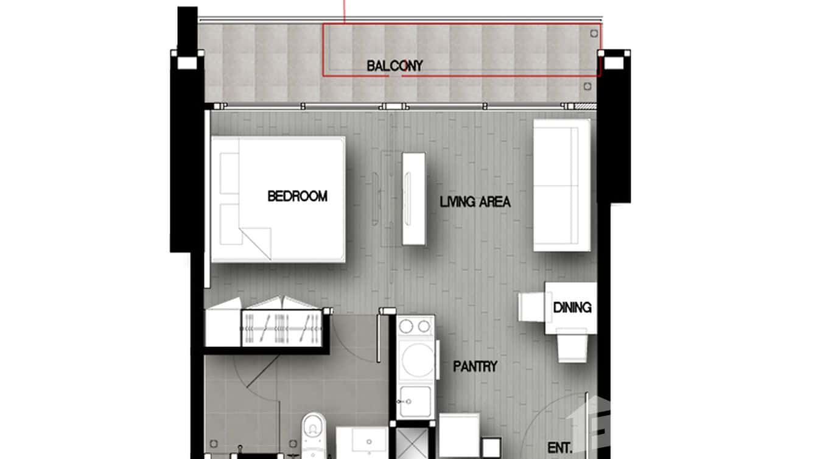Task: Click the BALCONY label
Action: pyautogui.click(x=394, y=66)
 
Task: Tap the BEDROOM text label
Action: pyautogui.click(x=297, y=197)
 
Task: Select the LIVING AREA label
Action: pyautogui.click(x=475, y=202)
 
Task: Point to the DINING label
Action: pyautogui.click(x=572, y=307)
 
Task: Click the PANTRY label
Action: pyautogui.click(x=475, y=366)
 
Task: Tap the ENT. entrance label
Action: pyautogui.click(x=559, y=448)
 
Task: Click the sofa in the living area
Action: pyautogui.click(x=562, y=185)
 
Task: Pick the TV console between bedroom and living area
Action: pyautogui.click(x=413, y=198)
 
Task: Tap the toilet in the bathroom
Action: pyautogui.click(x=314, y=432)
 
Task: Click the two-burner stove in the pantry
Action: pyautogui.click(x=415, y=327)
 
